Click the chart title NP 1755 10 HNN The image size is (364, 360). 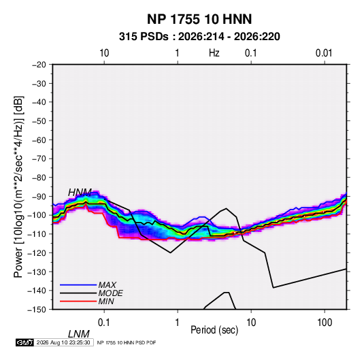199,19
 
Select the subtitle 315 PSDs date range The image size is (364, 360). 199,37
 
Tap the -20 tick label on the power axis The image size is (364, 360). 39,65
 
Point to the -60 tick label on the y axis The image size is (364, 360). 39,140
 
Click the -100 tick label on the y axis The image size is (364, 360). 37,215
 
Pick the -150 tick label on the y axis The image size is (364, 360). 37,310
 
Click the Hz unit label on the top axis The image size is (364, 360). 214,53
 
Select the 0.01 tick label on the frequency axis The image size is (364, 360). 324,53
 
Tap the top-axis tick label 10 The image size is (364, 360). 104,53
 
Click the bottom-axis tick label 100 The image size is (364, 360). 325,323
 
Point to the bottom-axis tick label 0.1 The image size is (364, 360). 104,323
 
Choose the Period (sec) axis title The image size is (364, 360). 214,330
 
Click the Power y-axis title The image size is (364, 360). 18,186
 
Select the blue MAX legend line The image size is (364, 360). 78,285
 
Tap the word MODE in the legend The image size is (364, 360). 110,293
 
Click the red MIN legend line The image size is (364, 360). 78,301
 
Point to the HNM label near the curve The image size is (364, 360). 80,193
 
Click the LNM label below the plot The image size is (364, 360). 79,334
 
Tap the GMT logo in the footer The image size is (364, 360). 25,342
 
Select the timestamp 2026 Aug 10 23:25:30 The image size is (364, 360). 63,342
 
